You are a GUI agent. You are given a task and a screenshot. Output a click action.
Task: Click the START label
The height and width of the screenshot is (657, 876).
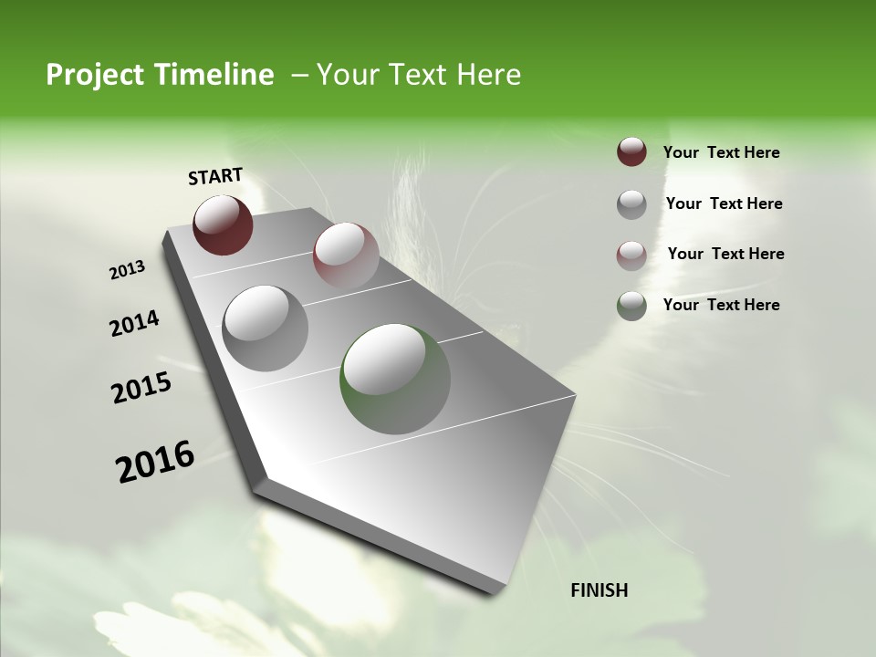(x=215, y=175)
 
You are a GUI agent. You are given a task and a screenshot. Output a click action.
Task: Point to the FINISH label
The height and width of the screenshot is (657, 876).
(x=600, y=590)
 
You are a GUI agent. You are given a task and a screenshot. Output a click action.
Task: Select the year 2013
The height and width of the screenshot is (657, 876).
(x=128, y=269)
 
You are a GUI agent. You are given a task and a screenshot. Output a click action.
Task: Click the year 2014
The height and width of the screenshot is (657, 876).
(x=134, y=324)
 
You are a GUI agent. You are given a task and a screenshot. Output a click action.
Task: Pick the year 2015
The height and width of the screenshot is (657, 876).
(x=141, y=389)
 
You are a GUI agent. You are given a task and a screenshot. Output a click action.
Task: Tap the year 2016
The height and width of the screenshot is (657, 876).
(x=155, y=462)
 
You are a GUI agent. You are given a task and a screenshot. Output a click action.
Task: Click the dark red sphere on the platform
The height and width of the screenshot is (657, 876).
(x=223, y=224)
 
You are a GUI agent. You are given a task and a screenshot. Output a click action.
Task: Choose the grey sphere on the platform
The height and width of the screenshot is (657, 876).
(x=266, y=328)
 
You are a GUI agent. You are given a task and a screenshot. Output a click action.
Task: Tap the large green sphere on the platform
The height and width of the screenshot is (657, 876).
(x=395, y=379)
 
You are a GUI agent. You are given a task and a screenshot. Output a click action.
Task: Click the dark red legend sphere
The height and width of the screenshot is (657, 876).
(x=631, y=152)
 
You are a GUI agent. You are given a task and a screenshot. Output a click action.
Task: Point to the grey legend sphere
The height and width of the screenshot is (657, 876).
(x=631, y=204)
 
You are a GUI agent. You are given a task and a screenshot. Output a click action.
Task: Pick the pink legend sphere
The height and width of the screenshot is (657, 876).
(x=631, y=255)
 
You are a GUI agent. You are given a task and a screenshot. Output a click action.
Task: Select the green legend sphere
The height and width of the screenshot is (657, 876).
(x=631, y=306)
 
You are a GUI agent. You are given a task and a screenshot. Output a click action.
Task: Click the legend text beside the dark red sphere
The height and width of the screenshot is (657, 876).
(x=722, y=153)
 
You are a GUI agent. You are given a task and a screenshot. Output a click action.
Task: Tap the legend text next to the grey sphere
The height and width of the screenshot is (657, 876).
(x=725, y=203)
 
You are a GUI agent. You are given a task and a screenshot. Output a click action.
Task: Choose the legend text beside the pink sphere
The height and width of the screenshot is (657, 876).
(x=726, y=254)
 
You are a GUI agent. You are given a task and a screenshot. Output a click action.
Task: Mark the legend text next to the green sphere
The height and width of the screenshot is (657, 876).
(x=722, y=305)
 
